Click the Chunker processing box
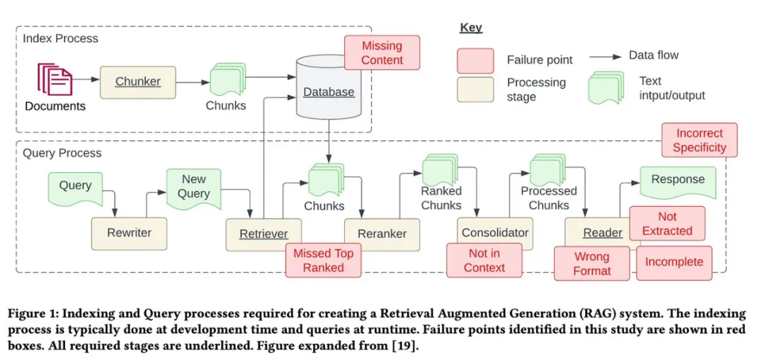click(x=137, y=82)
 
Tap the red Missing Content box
click(x=382, y=53)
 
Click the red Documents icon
click(x=55, y=79)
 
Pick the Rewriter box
click(x=129, y=233)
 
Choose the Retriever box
click(x=263, y=234)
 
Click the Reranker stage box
click(x=382, y=234)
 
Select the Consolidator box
click(x=494, y=233)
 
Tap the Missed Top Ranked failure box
click(x=323, y=261)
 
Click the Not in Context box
click(x=484, y=261)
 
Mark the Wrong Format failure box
click(x=591, y=264)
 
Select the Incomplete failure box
click(x=674, y=262)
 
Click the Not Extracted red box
click(x=667, y=224)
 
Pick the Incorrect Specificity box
click(x=699, y=140)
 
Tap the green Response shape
click(x=677, y=181)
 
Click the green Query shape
click(x=75, y=186)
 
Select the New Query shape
click(x=193, y=188)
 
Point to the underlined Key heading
click(x=471, y=28)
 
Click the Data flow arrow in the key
click(x=607, y=55)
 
